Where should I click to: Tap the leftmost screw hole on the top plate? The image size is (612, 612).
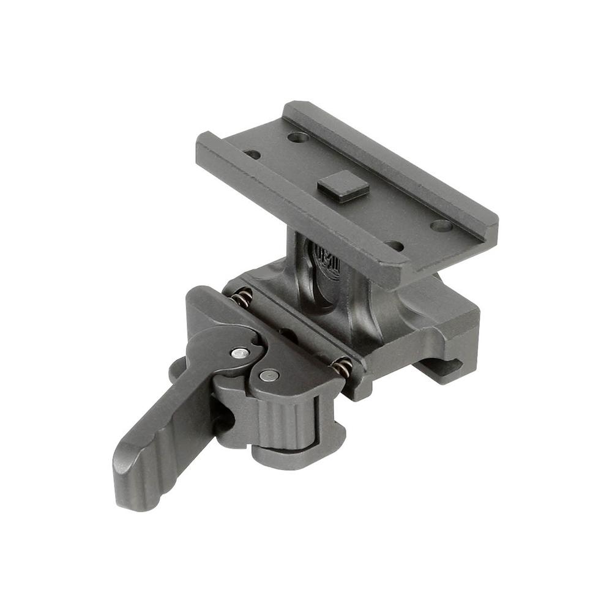(252, 154)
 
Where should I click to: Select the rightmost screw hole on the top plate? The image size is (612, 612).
(441, 225)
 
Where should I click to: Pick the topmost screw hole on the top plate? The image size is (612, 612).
(297, 137)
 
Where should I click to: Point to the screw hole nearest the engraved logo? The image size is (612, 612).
(395, 245)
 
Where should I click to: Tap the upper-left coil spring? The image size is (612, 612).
(243, 299)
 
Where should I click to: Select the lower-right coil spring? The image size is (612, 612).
(342, 368)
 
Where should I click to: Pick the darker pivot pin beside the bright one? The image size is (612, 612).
(268, 376)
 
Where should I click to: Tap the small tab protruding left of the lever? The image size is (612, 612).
(176, 367)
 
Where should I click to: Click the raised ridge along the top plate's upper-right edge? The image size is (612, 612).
(392, 159)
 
